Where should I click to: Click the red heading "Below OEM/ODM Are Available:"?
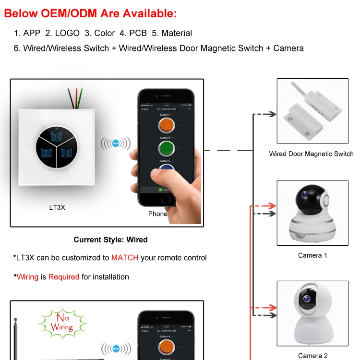tap(90, 13)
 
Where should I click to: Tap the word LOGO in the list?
tap(67, 33)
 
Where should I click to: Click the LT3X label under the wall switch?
tap(57, 208)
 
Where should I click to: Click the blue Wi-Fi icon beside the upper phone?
tap(115, 143)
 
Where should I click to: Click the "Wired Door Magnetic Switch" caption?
tap(311, 154)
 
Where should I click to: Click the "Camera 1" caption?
tap(312, 255)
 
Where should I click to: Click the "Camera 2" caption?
tap(312, 356)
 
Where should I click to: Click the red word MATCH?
tap(125, 258)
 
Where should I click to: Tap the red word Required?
tap(63, 277)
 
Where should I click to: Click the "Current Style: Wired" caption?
tap(110, 240)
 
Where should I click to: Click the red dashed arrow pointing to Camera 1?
tap(264, 206)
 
